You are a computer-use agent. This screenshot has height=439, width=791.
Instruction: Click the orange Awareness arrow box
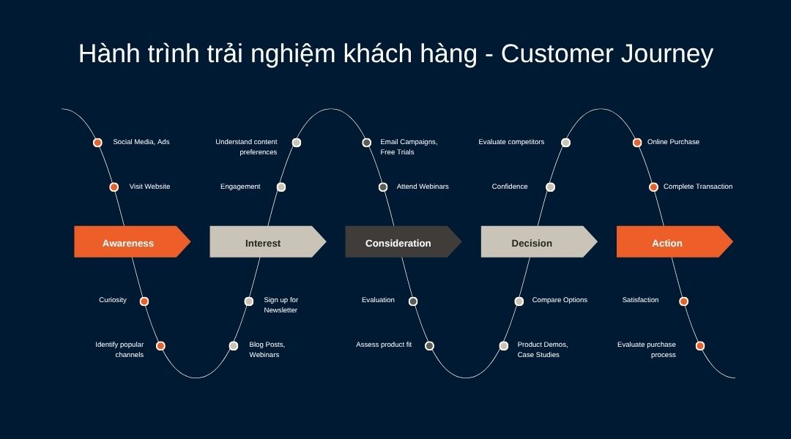(129, 242)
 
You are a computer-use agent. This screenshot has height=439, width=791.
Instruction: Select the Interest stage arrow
(264, 242)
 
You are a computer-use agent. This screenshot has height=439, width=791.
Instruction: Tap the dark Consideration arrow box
(399, 242)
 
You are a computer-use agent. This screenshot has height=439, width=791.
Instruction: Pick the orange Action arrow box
(668, 242)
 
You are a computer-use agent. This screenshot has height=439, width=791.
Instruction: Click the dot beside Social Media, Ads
(97, 143)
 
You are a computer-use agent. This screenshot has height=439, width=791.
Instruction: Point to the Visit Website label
(149, 187)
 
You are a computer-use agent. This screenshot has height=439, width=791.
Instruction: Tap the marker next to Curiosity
(144, 301)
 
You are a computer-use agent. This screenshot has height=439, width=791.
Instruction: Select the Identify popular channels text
(119, 349)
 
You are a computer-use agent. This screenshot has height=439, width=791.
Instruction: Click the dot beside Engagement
(281, 187)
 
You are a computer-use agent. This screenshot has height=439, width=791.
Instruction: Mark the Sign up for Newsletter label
(281, 305)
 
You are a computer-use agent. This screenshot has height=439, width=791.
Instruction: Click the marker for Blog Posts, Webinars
(234, 346)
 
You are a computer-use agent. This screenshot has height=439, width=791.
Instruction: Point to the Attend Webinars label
(423, 187)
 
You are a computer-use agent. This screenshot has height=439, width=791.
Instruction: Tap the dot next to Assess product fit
(429, 346)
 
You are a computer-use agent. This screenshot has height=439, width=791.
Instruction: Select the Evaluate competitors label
(511, 142)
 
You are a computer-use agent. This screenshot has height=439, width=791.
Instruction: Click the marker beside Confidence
(551, 187)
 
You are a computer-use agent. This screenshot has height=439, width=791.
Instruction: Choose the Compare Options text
(560, 300)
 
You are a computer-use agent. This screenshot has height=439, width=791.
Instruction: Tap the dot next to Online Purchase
(637, 143)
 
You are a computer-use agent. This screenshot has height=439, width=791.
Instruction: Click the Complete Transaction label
(697, 187)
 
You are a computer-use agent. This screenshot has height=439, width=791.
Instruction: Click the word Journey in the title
(667, 55)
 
